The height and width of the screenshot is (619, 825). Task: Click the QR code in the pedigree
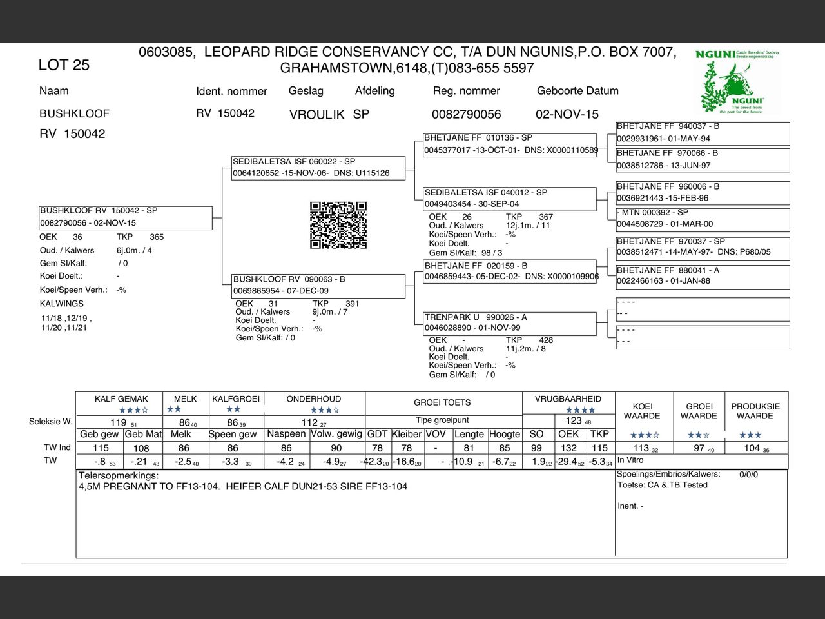(x=338, y=225)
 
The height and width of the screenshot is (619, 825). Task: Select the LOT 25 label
(x=64, y=65)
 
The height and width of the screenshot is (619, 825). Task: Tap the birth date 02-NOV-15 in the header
(x=567, y=114)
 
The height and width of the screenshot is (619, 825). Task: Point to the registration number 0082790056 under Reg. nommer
(x=466, y=114)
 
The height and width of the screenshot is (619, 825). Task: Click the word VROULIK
(x=317, y=115)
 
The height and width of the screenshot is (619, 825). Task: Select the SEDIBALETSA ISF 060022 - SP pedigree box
(x=319, y=168)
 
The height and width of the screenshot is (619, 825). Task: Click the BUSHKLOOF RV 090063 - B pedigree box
(x=319, y=285)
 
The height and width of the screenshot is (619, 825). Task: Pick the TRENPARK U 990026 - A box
(x=509, y=322)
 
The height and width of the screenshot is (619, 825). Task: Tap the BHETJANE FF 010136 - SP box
(x=509, y=144)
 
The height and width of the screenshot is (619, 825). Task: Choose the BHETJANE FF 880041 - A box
(x=703, y=276)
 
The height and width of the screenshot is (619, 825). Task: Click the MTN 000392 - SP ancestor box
(x=703, y=219)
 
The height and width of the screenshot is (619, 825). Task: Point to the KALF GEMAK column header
(x=121, y=399)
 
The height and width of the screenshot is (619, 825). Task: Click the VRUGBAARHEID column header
(x=568, y=399)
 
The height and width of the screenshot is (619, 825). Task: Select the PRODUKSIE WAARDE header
(x=755, y=411)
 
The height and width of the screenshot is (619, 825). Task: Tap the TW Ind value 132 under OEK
(x=568, y=448)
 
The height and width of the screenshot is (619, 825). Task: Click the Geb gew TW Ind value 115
(x=101, y=448)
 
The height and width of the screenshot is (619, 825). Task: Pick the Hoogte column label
(x=505, y=434)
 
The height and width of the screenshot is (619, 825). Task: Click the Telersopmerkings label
(x=119, y=476)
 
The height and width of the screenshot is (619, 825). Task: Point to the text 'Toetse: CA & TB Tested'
(x=663, y=485)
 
